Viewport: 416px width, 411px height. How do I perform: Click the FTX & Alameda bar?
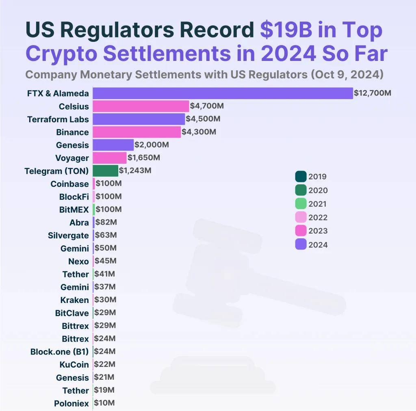tap(223, 93)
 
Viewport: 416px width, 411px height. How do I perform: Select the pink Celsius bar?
tap(141, 106)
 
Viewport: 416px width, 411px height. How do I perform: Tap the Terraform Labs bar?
tap(139, 119)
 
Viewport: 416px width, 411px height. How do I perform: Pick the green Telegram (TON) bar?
tap(105, 171)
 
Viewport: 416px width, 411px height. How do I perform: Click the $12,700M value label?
tap(373, 93)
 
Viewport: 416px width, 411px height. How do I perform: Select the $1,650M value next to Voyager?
tap(144, 157)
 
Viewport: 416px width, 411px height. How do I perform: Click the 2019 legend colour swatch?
tap(301, 177)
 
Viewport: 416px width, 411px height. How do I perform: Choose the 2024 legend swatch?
tap(301, 244)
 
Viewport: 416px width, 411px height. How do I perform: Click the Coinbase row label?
tap(69, 184)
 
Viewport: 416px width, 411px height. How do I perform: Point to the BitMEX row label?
tap(74, 210)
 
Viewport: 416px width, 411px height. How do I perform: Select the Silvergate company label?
tap(68, 236)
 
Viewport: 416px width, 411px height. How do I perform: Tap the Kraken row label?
tap(74, 300)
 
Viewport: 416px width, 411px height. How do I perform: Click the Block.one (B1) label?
tap(59, 352)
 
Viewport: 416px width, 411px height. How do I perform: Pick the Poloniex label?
tap(71, 404)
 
